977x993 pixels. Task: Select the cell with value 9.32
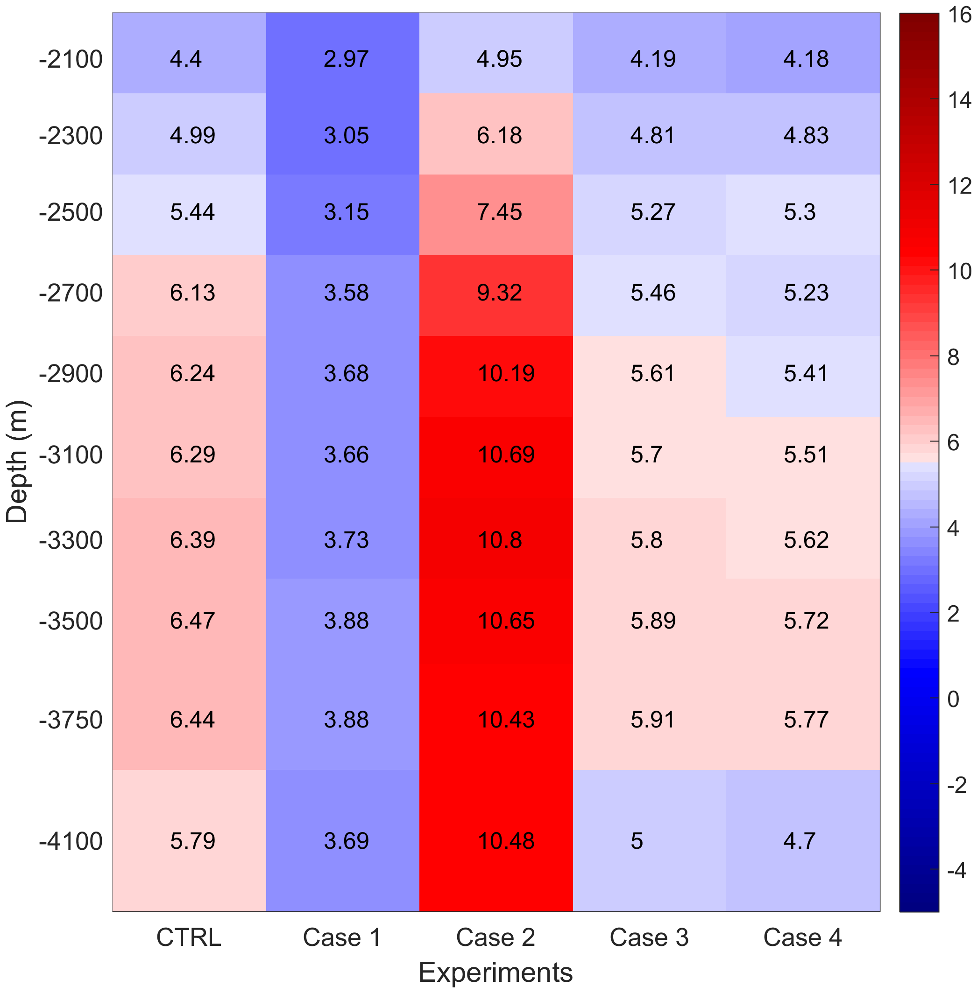[499, 293]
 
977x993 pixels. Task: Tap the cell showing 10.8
[499, 540]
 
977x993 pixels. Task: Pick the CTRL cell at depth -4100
[192, 841]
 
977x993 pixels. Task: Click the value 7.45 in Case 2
[499, 212]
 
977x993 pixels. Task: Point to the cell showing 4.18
[806, 59]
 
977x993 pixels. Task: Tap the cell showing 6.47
[192, 621]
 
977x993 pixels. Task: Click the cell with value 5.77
[806, 720]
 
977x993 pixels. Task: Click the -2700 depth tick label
[71, 293]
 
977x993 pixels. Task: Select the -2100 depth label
[71, 59]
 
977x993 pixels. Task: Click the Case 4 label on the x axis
[802, 937]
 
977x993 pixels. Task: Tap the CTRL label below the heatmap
[189, 937]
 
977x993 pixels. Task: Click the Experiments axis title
[495, 972]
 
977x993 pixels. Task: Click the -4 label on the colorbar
[956, 870]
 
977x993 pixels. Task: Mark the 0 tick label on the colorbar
[953, 699]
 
